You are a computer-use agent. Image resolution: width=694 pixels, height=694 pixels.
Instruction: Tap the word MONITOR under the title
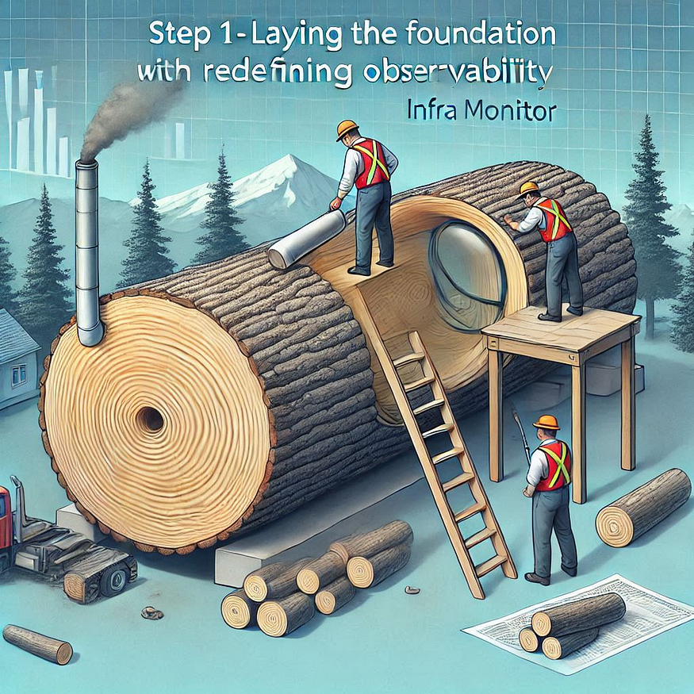pyautogui.click(x=505, y=112)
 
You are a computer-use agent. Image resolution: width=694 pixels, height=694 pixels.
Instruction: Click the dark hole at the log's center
pyautogui.click(x=150, y=419)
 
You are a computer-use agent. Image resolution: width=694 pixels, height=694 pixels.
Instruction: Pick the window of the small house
pyautogui.click(x=18, y=374)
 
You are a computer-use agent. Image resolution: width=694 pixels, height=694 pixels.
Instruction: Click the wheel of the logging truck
pyautogui.click(x=116, y=580)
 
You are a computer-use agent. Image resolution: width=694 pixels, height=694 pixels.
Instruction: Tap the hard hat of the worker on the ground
pyautogui.click(x=546, y=422)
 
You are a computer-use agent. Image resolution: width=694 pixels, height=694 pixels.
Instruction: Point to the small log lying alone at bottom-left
pyautogui.click(x=37, y=644)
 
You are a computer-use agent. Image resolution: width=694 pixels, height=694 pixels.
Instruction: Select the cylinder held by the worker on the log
pyautogui.click(x=307, y=239)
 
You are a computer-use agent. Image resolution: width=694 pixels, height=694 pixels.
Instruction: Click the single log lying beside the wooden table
pyautogui.click(x=642, y=508)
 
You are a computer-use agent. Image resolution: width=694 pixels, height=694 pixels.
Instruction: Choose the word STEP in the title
pyautogui.click(x=179, y=36)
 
